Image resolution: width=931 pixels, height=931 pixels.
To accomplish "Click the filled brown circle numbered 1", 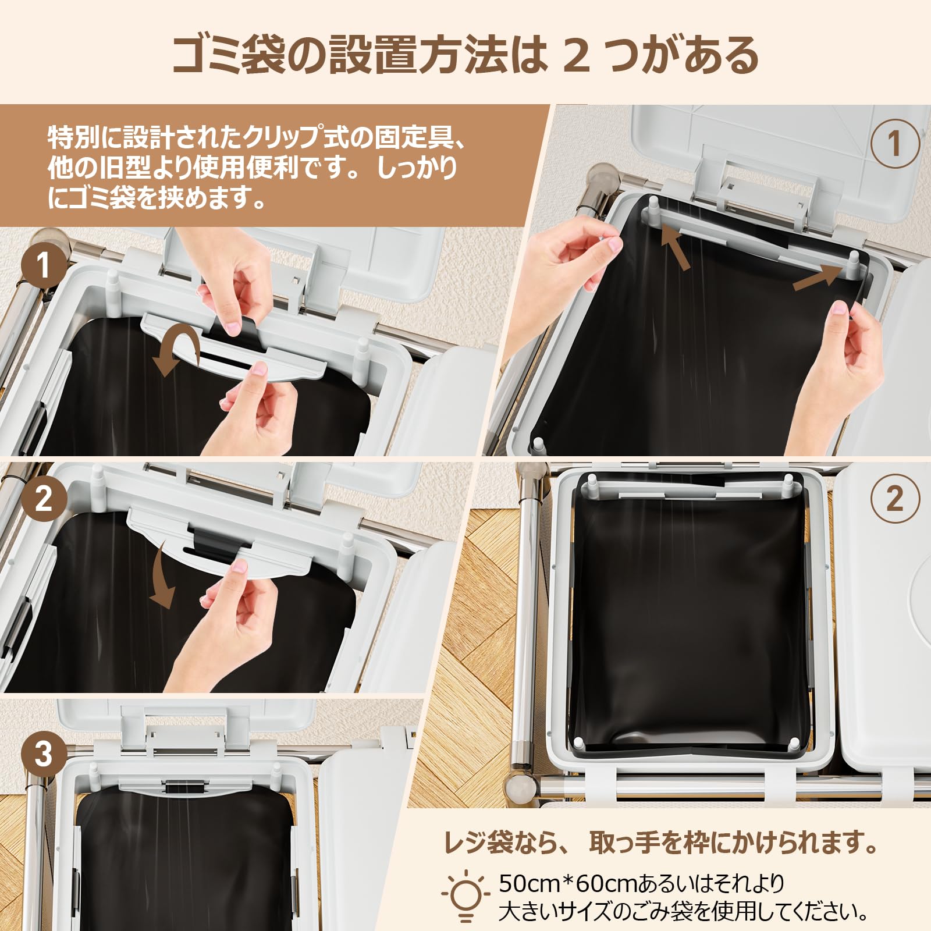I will [43, 266].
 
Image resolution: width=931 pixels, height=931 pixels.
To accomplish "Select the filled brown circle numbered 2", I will [43, 499].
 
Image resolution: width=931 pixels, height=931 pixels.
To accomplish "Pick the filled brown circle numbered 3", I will [43, 755].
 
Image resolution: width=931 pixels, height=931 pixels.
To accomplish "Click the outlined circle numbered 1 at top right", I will [895, 144].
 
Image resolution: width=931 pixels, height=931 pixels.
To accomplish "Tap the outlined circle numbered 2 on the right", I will [895, 499].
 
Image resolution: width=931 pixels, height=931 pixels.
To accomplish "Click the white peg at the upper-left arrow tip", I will [653, 208].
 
